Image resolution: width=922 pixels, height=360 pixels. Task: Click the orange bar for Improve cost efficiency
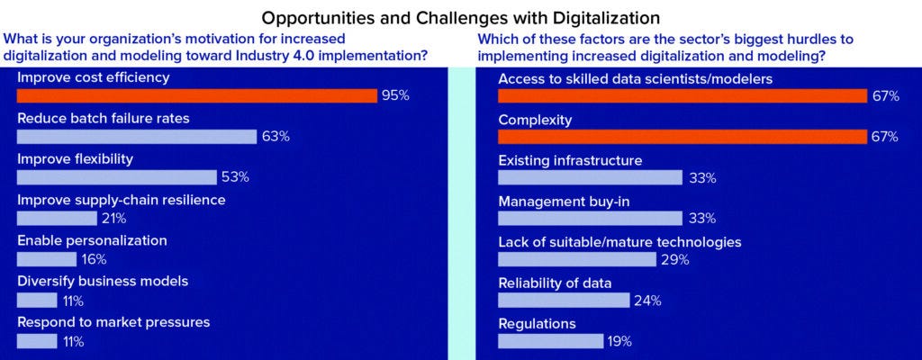[x=196, y=95]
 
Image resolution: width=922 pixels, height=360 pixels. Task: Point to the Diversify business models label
[x=103, y=281]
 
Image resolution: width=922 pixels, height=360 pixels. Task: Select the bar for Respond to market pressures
[x=37, y=341]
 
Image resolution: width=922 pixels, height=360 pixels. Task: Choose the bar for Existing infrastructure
[x=590, y=177]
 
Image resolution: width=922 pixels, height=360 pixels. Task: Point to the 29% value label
[x=674, y=259]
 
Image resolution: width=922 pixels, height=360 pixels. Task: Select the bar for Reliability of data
[x=564, y=300]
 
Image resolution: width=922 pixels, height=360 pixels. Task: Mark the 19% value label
[x=619, y=341]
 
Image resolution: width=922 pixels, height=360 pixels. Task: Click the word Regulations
[x=537, y=323]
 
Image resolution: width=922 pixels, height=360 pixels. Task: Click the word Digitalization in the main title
[x=604, y=17]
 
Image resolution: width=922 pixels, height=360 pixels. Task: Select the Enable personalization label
[x=92, y=240]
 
